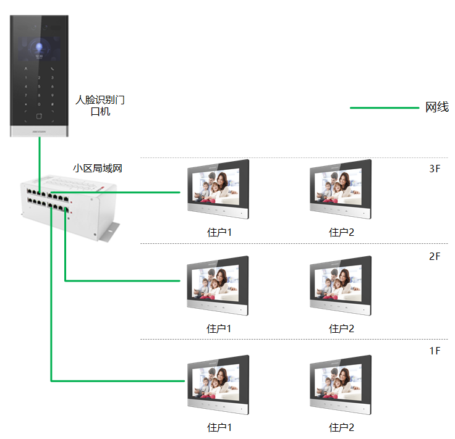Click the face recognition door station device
(x=38, y=74)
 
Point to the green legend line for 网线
(x=384, y=108)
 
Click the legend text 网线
(x=436, y=107)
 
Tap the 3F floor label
(x=435, y=169)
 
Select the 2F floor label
(x=435, y=256)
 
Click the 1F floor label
(x=435, y=351)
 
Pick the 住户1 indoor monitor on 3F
(x=218, y=190)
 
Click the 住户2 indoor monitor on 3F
(x=341, y=190)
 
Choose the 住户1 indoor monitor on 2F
(x=218, y=286)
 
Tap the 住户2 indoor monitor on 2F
(x=341, y=286)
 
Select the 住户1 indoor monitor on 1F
(x=218, y=384)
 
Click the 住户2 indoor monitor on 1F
(x=341, y=384)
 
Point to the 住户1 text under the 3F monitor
(x=219, y=233)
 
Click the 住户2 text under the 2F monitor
(x=341, y=328)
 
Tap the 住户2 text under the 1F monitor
(x=341, y=427)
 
